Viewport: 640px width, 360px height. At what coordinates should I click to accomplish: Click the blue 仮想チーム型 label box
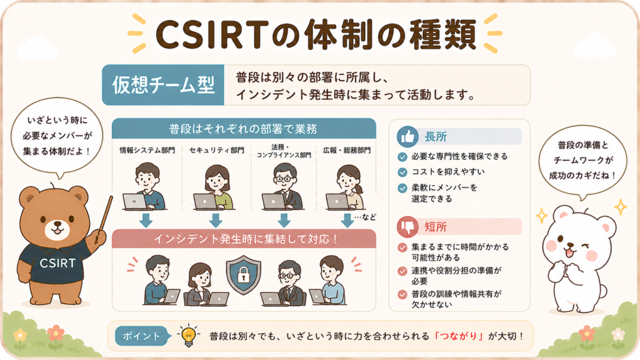tap(163, 85)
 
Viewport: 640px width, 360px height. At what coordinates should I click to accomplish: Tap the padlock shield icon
tap(243, 275)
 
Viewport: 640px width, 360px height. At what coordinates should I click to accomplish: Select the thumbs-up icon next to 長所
tap(407, 136)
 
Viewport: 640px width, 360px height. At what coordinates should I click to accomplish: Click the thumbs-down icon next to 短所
tap(407, 227)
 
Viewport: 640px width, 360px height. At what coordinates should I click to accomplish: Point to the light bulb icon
tap(188, 336)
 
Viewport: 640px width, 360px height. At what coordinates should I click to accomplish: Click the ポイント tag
tap(142, 336)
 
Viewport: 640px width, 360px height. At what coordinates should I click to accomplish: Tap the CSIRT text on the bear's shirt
tap(57, 263)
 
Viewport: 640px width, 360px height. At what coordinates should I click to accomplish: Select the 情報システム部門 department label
tap(147, 150)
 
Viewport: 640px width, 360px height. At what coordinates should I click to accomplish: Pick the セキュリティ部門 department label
tap(217, 150)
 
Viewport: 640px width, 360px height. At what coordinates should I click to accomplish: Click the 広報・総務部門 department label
tap(347, 150)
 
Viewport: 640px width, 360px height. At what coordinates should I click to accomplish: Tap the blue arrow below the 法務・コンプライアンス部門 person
tap(284, 220)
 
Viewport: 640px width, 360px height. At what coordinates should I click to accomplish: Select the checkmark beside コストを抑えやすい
tap(402, 172)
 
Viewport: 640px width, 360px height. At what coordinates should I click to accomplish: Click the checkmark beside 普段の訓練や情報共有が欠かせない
tap(402, 294)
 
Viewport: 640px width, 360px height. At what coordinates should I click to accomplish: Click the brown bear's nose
tap(57, 224)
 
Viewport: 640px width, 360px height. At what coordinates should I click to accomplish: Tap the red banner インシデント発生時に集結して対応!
tap(244, 239)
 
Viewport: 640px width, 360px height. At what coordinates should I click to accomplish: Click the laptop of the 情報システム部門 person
tap(134, 202)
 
